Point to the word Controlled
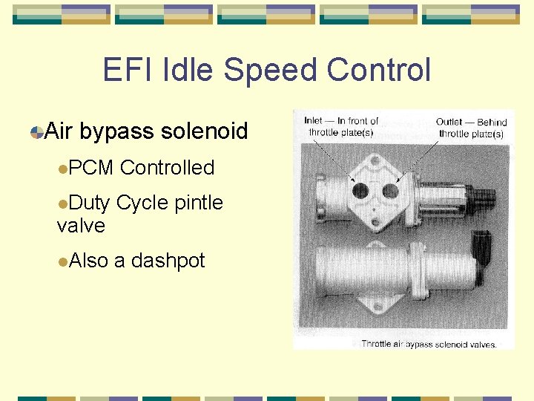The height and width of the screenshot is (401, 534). pos(167,168)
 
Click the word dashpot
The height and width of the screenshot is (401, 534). pos(168,261)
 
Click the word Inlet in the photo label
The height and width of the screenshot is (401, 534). pos(312,122)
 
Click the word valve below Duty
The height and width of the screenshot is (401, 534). pos(81,225)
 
